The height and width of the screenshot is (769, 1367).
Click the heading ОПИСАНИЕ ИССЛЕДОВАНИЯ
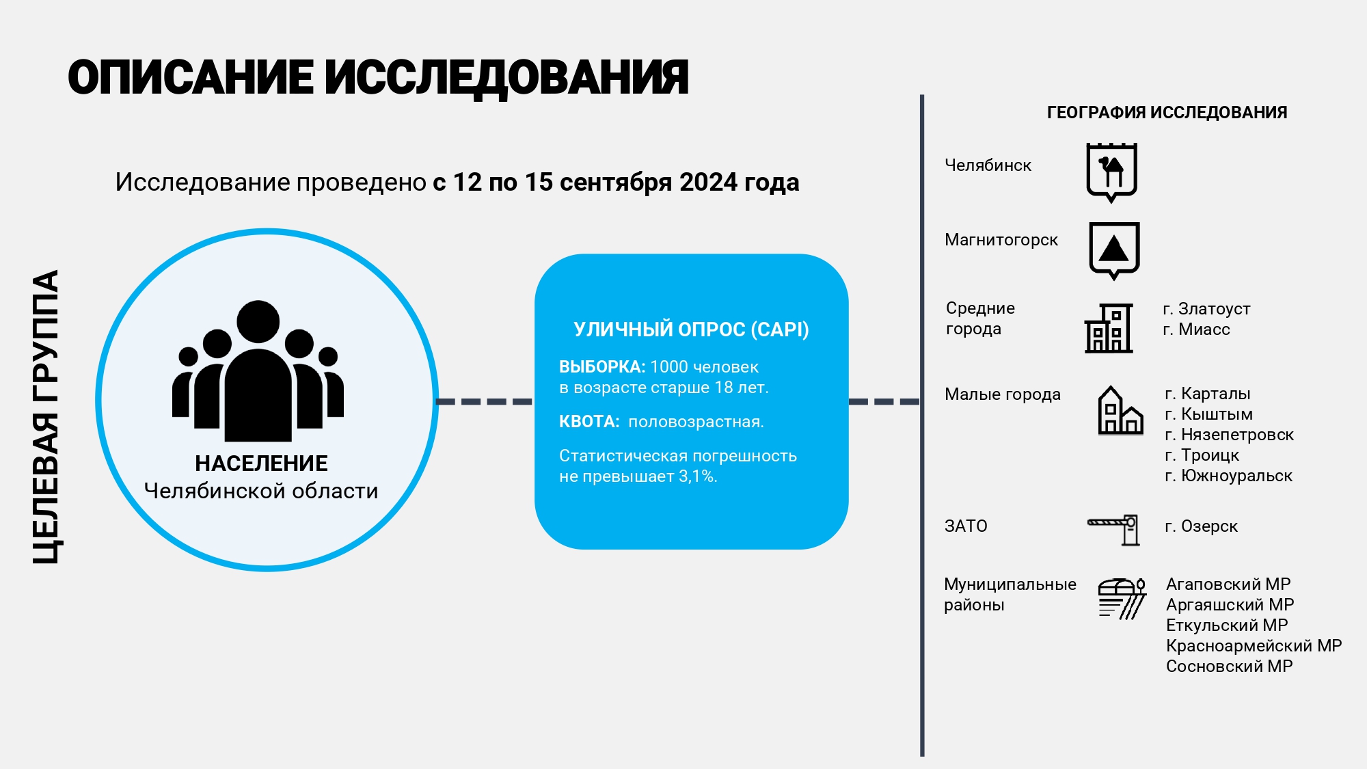click(378, 78)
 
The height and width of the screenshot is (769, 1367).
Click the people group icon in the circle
click(258, 370)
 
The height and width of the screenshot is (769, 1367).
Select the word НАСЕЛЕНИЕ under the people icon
click(261, 463)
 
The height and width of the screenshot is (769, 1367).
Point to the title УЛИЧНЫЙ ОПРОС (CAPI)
click(691, 329)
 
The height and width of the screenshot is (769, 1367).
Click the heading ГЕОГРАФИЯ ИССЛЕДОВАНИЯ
click(1167, 113)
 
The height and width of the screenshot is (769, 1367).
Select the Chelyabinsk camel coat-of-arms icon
click(1111, 172)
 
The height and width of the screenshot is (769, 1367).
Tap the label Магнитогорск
click(1001, 240)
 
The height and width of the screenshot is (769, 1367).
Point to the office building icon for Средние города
click(1109, 328)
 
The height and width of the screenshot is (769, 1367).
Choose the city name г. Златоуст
click(1206, 309)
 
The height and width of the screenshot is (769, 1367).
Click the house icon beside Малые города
click(1120, 410)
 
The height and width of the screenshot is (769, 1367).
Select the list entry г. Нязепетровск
click(1229, 435)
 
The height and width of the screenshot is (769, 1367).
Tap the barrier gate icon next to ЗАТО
click(1113, 530)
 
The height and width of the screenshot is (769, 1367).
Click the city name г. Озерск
click(1201, 526)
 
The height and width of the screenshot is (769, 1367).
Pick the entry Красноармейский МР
click(1254, 646)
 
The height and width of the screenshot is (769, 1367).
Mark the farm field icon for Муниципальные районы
click(1122, 598)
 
